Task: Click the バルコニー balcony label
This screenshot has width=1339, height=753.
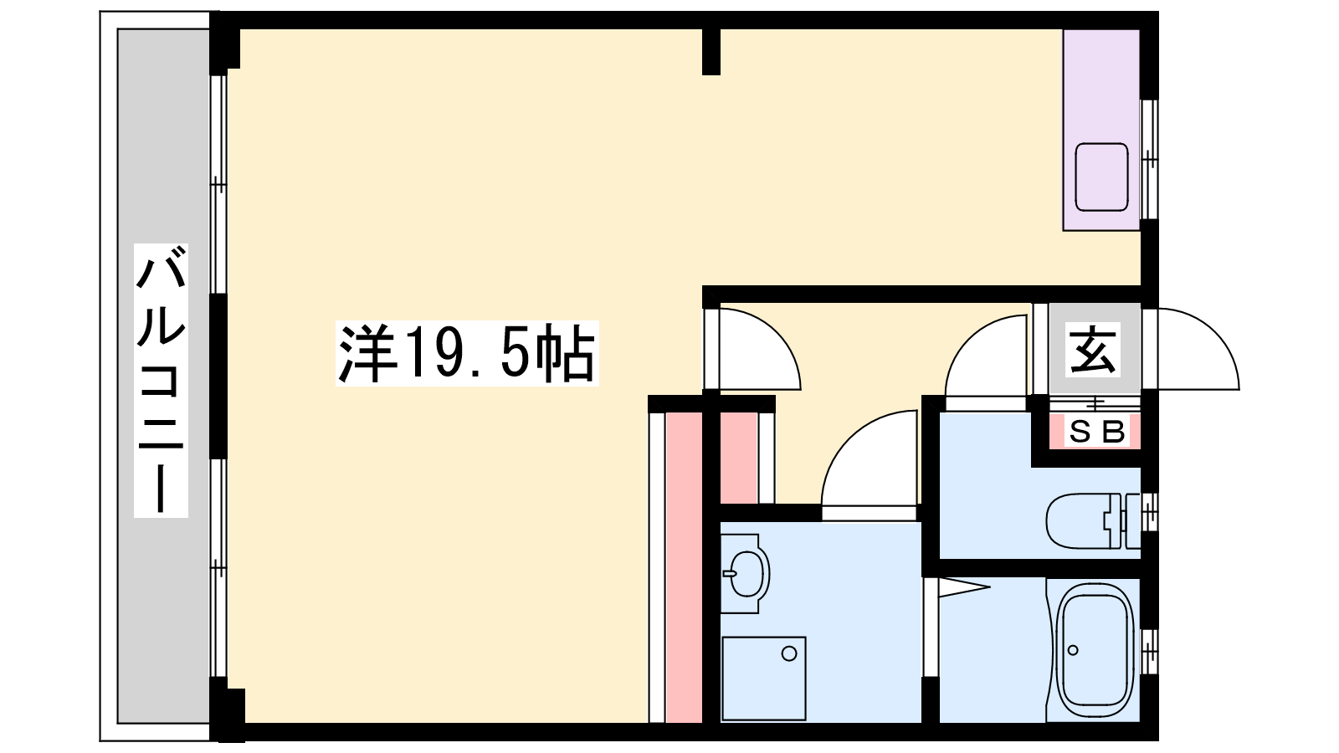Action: point(161,380)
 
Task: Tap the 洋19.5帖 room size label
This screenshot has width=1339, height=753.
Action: point(467,353)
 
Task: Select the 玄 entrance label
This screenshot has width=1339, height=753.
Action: point(1093,351)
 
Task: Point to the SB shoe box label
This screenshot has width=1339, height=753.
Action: point(1096,432)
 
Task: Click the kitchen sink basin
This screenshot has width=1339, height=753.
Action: point(1101,177)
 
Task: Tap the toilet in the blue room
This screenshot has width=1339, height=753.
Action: point(1093,520)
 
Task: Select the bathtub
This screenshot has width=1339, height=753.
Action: point(1094,651)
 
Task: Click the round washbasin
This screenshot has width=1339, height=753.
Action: point(745,572)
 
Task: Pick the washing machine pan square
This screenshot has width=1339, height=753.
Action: point(764,679)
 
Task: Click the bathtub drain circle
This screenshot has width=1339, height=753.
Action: point(1073,650)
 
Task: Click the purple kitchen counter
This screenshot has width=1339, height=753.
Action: point(1101,131)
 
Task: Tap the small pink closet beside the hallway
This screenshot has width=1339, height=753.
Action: point(739,458)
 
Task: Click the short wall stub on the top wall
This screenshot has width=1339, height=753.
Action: point(711,52)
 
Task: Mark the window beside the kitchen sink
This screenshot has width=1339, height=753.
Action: point(1149,160)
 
